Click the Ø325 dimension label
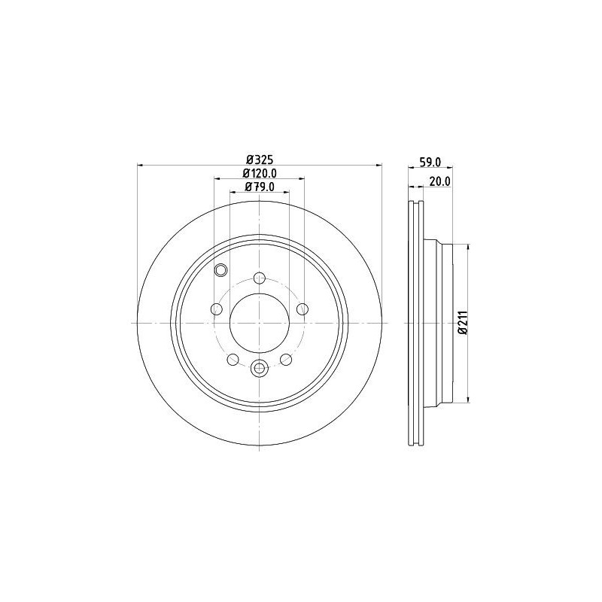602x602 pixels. pyautogui.click(x=260, y=159)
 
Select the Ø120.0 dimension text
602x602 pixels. pyautogui.click(x=260, y=174)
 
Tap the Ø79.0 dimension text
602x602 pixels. pyautogui.click(x=260, y=187)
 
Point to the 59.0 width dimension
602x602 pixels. pyautogui.click(x=430, y=163)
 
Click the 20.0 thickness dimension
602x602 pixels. pyautogui.click(x=440, y=181)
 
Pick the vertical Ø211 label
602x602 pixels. pyautogui.click(x=463, y=323)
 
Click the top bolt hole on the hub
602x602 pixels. pyautogui.click(x=260, y=277)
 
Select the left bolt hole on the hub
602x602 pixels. pyautogui.click(x=217, y=309)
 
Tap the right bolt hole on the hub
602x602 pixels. pyautogui.click(x=303, y=309)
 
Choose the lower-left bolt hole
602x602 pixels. pyautogui.click(x=233, y=360)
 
